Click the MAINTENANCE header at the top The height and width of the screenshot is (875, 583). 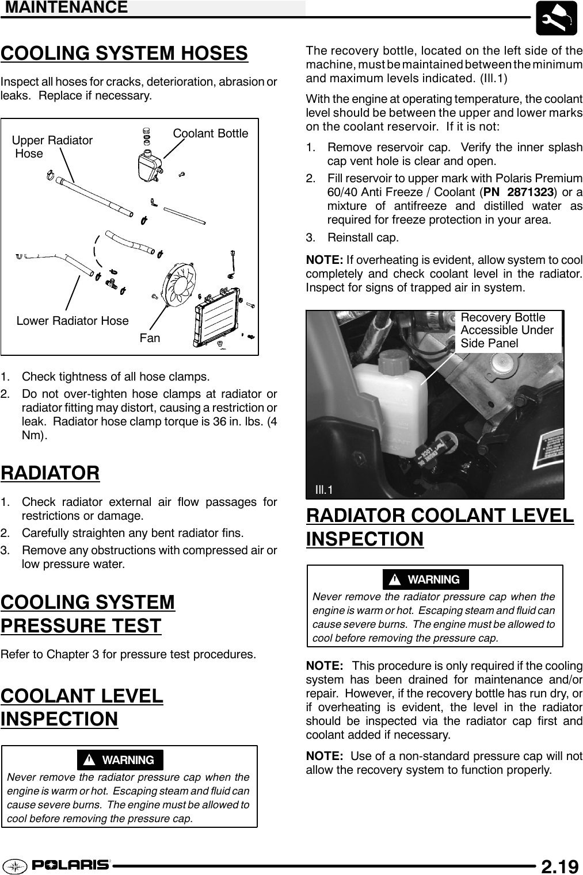point(64,7)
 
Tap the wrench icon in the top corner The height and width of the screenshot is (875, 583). point(557,18)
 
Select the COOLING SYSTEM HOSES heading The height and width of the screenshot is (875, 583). point(124,53)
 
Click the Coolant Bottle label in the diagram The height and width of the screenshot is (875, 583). point(211,133)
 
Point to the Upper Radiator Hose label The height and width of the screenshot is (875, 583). point(52,147)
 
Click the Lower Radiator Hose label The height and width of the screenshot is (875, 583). point(73,321)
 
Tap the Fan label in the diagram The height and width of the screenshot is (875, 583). point(150,338)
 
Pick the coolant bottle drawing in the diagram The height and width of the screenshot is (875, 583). point(148,166)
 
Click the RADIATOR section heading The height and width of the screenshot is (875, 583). point(50,473)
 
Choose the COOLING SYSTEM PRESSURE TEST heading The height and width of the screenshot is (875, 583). point(87,614)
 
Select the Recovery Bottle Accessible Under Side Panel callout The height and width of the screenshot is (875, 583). point(507,331)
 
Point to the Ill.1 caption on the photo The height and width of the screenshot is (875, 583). point(324,490)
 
